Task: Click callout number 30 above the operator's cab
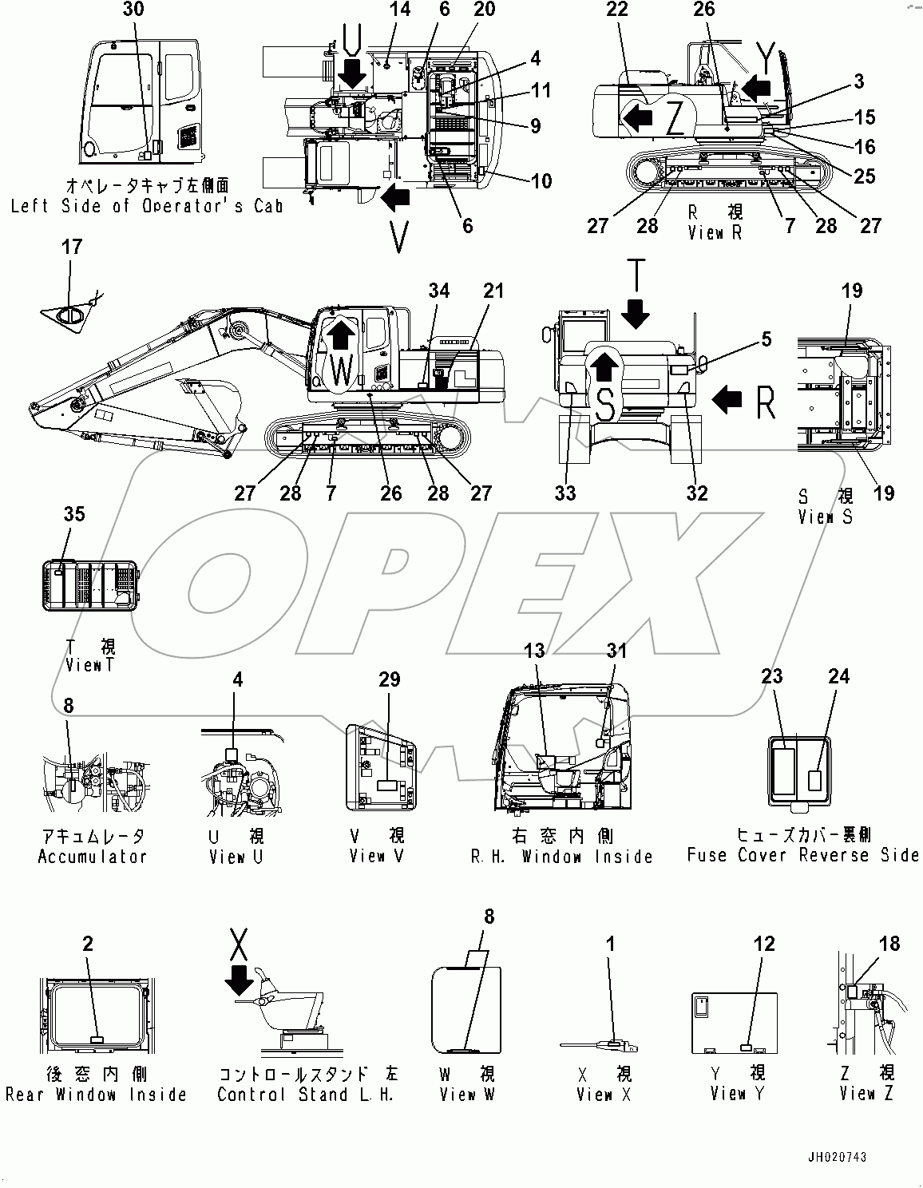click(x=134, y=10)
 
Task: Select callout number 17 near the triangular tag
click(x=72, y=247)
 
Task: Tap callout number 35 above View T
click(x=73, y=514)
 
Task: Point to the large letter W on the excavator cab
click(x=341, y=370)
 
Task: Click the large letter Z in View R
click(x=675, y=119)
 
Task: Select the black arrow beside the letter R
click(x=726, y=398)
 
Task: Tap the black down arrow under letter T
click(x=636, y=312)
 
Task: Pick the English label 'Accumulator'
click(x=93, y=857)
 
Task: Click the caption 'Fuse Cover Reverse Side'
click(x=802, y=855)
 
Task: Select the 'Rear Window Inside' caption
click(x=96, y=1095)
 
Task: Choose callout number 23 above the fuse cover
click(x=771, y=676)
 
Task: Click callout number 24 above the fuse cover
click(x=838, y=676)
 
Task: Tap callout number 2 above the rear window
click(x=88, y=944)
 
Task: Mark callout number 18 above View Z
click(x=889, y=944)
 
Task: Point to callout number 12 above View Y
click(x=764, y=944)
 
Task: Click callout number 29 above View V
click(x=389, y=679)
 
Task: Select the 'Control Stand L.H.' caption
click(x=306, y=1095)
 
